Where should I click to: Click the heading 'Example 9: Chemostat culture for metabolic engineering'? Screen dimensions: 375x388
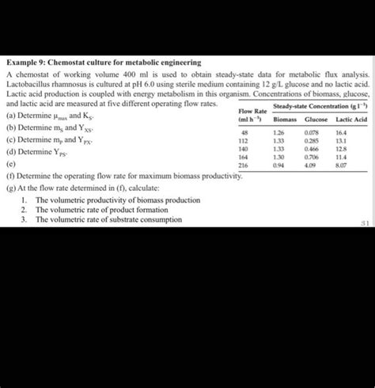104,62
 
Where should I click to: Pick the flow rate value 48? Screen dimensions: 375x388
245,133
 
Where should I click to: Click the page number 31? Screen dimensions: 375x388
365,223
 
